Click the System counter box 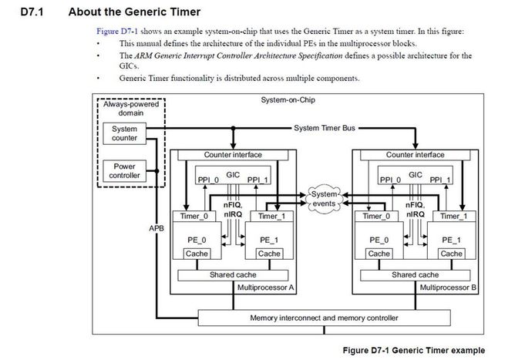125,133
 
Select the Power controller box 125,170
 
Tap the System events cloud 324,197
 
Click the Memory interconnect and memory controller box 324,318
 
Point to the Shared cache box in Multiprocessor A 233,274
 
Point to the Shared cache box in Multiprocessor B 416,274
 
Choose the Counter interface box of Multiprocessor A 233,155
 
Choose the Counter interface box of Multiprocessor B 416,155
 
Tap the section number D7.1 31,12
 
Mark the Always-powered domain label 125,108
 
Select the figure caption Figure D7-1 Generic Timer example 414,350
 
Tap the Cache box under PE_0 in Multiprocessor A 197,253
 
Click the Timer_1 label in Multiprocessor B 453,217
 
